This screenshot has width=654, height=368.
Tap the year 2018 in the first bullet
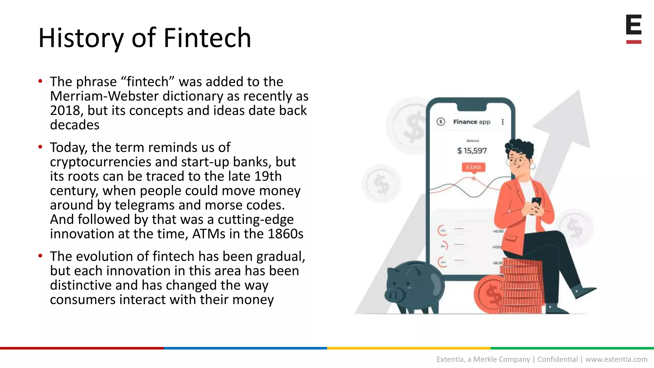[x=65, y=111]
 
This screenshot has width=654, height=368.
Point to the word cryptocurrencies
[x=101, y=162]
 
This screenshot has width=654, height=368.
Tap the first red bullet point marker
[x=40, y=81]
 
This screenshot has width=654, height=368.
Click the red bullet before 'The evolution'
[x=40, y=256]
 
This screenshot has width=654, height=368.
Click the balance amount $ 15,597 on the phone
[x=472, y=151]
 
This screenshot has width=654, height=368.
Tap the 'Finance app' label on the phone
[x=471, y=122]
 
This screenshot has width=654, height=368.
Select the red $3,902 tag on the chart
[x=473, y=167]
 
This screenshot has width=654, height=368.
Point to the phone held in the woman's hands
[x=536, y=202]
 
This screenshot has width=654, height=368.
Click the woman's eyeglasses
[x=517, y=161]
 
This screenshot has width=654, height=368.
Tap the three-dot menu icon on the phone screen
[x=502, y=122]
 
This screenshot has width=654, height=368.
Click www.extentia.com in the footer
[x=616, y=359]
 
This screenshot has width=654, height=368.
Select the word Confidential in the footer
[x=557, y=359]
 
